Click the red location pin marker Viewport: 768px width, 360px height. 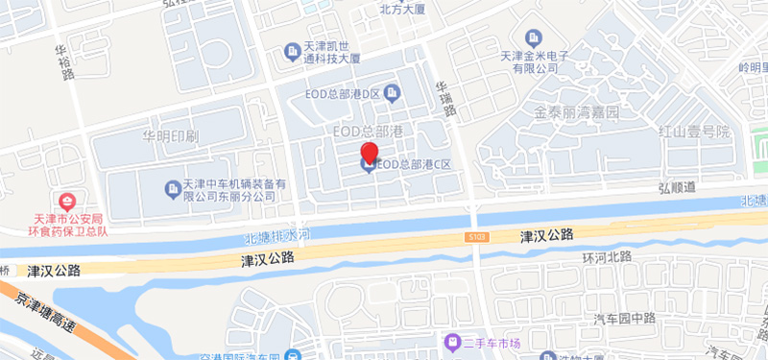coord(369,153)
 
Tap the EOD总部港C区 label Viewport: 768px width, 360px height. coord(414,165)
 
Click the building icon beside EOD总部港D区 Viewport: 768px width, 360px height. coord(393,92)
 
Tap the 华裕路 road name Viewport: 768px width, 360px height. coord(63,61)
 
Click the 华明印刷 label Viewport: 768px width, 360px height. coord(170,135)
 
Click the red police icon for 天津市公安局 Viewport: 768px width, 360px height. coord(66,203)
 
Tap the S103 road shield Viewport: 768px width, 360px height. coord(480,237)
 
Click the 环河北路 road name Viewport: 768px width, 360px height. coord(607,257)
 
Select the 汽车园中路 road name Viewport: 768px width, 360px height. coord(624,318)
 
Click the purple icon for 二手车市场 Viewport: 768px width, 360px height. coord(449,343)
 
